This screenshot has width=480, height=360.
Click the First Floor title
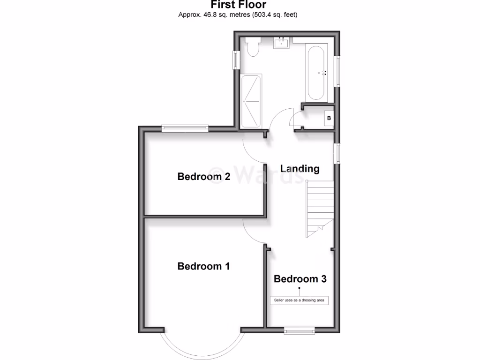(239, 5)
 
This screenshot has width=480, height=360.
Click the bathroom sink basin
(282, 43)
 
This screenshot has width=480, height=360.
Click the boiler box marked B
(329, 118)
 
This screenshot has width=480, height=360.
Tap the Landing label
(300, 169)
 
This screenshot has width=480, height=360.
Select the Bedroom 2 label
(204, 177)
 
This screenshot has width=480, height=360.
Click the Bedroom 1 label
(204, 266)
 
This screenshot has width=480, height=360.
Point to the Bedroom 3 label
(300, 279)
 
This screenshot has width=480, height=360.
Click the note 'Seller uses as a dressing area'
(299, 300)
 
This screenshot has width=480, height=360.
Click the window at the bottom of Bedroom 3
(299, 330)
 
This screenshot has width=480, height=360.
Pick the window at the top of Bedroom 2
(185, 128)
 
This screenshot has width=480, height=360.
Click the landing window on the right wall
(337, 154)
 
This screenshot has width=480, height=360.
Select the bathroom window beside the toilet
(237, 60)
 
